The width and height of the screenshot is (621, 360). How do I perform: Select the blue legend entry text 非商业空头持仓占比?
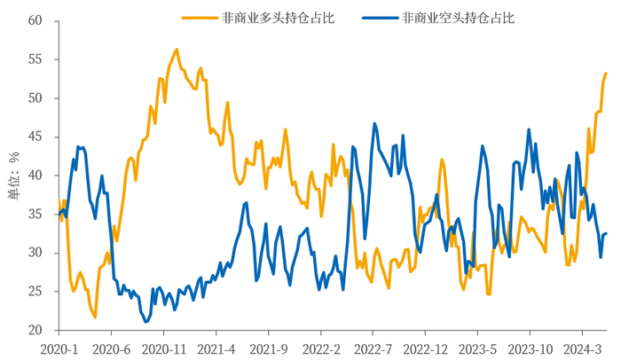[458, 17]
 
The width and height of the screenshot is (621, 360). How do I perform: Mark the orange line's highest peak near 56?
[177, 50]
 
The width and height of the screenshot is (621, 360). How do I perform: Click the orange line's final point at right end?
[606, 73]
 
